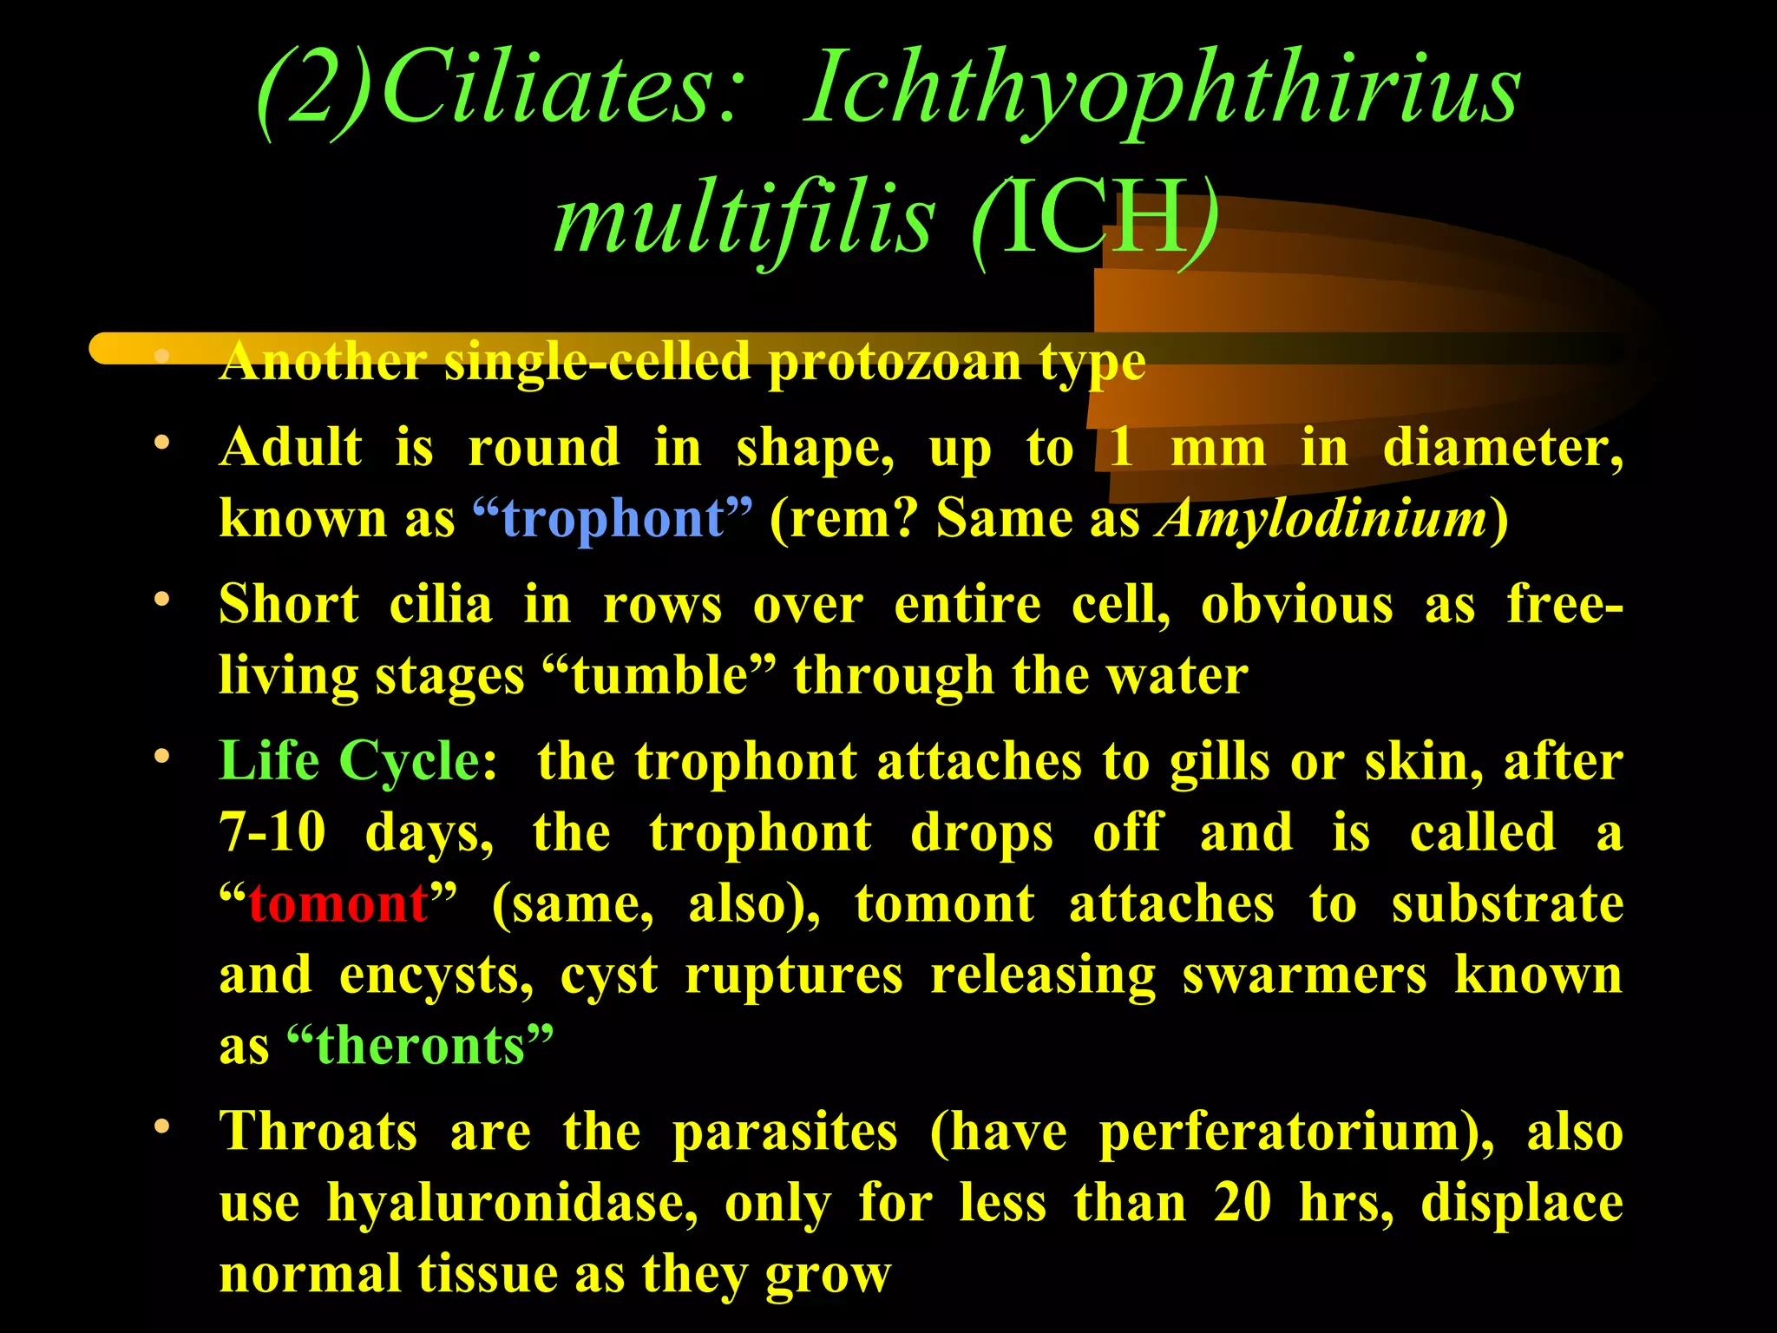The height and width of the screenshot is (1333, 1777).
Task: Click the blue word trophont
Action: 613,518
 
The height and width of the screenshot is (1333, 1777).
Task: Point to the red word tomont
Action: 338,903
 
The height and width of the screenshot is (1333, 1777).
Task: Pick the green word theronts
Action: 420,1045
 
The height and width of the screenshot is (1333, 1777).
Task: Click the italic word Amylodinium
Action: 1322,518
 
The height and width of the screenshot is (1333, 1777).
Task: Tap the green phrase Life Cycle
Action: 356,762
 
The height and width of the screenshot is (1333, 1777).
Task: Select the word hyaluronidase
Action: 512,1203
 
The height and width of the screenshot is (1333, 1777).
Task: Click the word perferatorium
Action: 1293,1132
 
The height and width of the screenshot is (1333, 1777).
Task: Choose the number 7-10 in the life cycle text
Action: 272,833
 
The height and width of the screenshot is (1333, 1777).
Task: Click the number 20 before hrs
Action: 1243,1203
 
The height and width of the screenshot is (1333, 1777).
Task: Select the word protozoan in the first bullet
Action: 895,362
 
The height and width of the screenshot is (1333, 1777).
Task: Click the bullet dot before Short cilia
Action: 161,600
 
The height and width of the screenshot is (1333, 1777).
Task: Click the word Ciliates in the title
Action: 560,91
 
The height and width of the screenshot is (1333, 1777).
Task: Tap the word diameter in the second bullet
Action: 1501,449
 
